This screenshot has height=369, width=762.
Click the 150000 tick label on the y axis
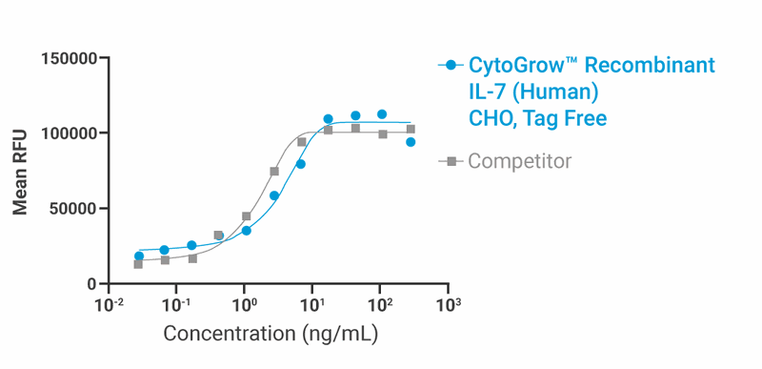[70, 59]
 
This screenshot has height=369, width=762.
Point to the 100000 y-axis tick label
[70, 133]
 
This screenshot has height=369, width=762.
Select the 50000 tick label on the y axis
[73, 209]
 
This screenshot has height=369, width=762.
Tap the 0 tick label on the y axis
[91, 284]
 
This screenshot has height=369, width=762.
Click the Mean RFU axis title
[20, 172]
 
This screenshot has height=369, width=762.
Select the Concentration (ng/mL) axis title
[271, 335]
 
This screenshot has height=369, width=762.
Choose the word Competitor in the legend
[519, 161]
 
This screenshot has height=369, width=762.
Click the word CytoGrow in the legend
[515, 66]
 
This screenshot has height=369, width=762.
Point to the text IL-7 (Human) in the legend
[532, 92]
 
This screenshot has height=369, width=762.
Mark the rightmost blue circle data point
[411, 142]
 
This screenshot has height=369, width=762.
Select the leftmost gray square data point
[138, 264]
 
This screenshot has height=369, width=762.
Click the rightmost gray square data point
[411, 129]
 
